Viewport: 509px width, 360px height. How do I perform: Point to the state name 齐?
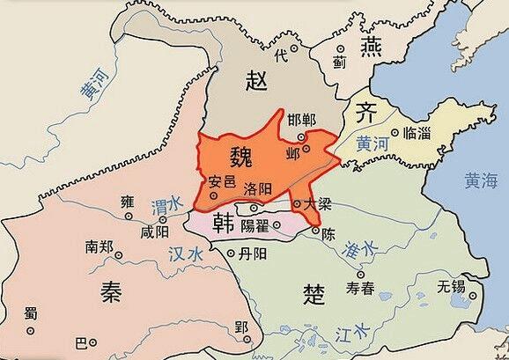tap(365, 113)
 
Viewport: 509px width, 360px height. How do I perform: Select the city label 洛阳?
tap(257, 187)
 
